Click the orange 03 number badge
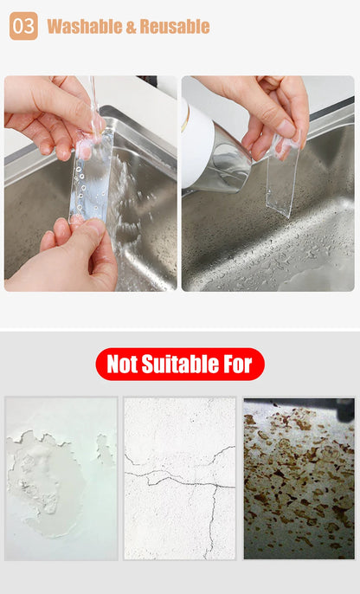23,26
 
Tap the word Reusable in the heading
175,27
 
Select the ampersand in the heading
130,27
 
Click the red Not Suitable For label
180,364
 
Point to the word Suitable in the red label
179,364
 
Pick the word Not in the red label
122,365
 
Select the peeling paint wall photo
61,479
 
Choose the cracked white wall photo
180,479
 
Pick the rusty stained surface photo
299,479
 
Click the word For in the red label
238,365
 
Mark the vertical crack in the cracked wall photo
213,521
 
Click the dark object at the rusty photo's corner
345,410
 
